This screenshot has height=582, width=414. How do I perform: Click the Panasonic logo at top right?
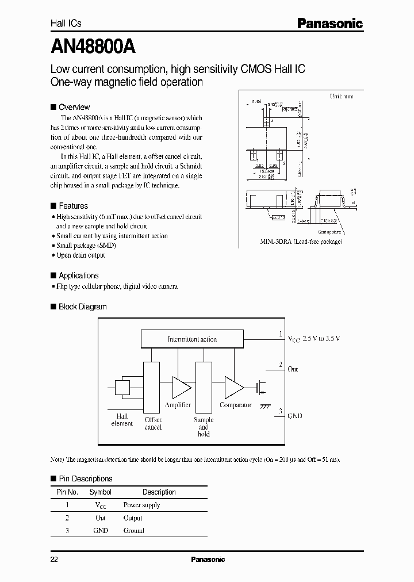tap(329, 24)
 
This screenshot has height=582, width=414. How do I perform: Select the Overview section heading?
tap(74, 107)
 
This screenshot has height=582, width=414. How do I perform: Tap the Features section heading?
tap(73, 206)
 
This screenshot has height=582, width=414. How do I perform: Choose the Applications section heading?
tap(78, 275)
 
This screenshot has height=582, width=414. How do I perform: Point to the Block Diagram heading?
tap(82, 307)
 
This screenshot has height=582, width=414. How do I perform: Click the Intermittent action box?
tap(192, 339)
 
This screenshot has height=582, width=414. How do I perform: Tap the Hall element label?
tap(122, 420)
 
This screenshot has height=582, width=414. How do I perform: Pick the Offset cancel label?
tap(153, 423)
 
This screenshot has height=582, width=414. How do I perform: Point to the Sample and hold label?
tap(204, 427)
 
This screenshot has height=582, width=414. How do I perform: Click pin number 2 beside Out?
tap(280, 365)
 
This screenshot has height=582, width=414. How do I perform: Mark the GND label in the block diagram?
tap(294, 416)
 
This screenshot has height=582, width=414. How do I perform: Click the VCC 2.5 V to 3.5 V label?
tap(313, 339)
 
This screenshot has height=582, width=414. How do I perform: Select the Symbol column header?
tap(101, 492)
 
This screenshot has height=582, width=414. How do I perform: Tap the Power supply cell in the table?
tap(141, 505)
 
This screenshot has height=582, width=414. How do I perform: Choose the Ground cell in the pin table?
tap(133, 530)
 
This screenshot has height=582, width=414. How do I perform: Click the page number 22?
tap(54, 560)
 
